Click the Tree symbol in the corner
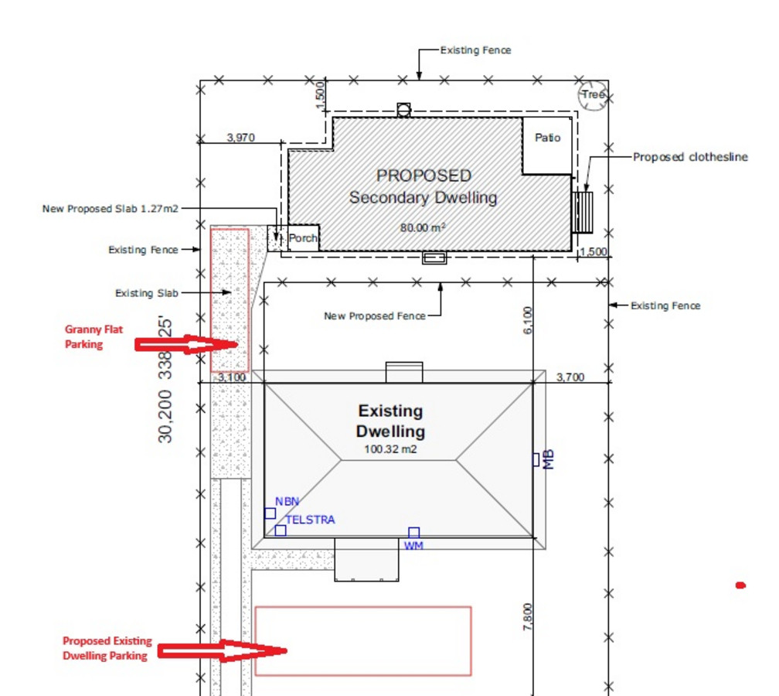593,95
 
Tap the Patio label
547,138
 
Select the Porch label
303,238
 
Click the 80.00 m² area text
422,227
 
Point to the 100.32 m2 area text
390,449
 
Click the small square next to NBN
270,513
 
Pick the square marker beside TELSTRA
281,531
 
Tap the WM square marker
414,533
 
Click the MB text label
548,460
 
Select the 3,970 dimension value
241,137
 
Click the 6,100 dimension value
528,320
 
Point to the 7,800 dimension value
528,617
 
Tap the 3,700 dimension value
570,377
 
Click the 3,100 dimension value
232,377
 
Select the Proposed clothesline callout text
690,157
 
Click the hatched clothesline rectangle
582,213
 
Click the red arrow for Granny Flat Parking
186,344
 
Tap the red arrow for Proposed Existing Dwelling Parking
222,651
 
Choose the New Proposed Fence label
375,316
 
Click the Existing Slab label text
147,293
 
